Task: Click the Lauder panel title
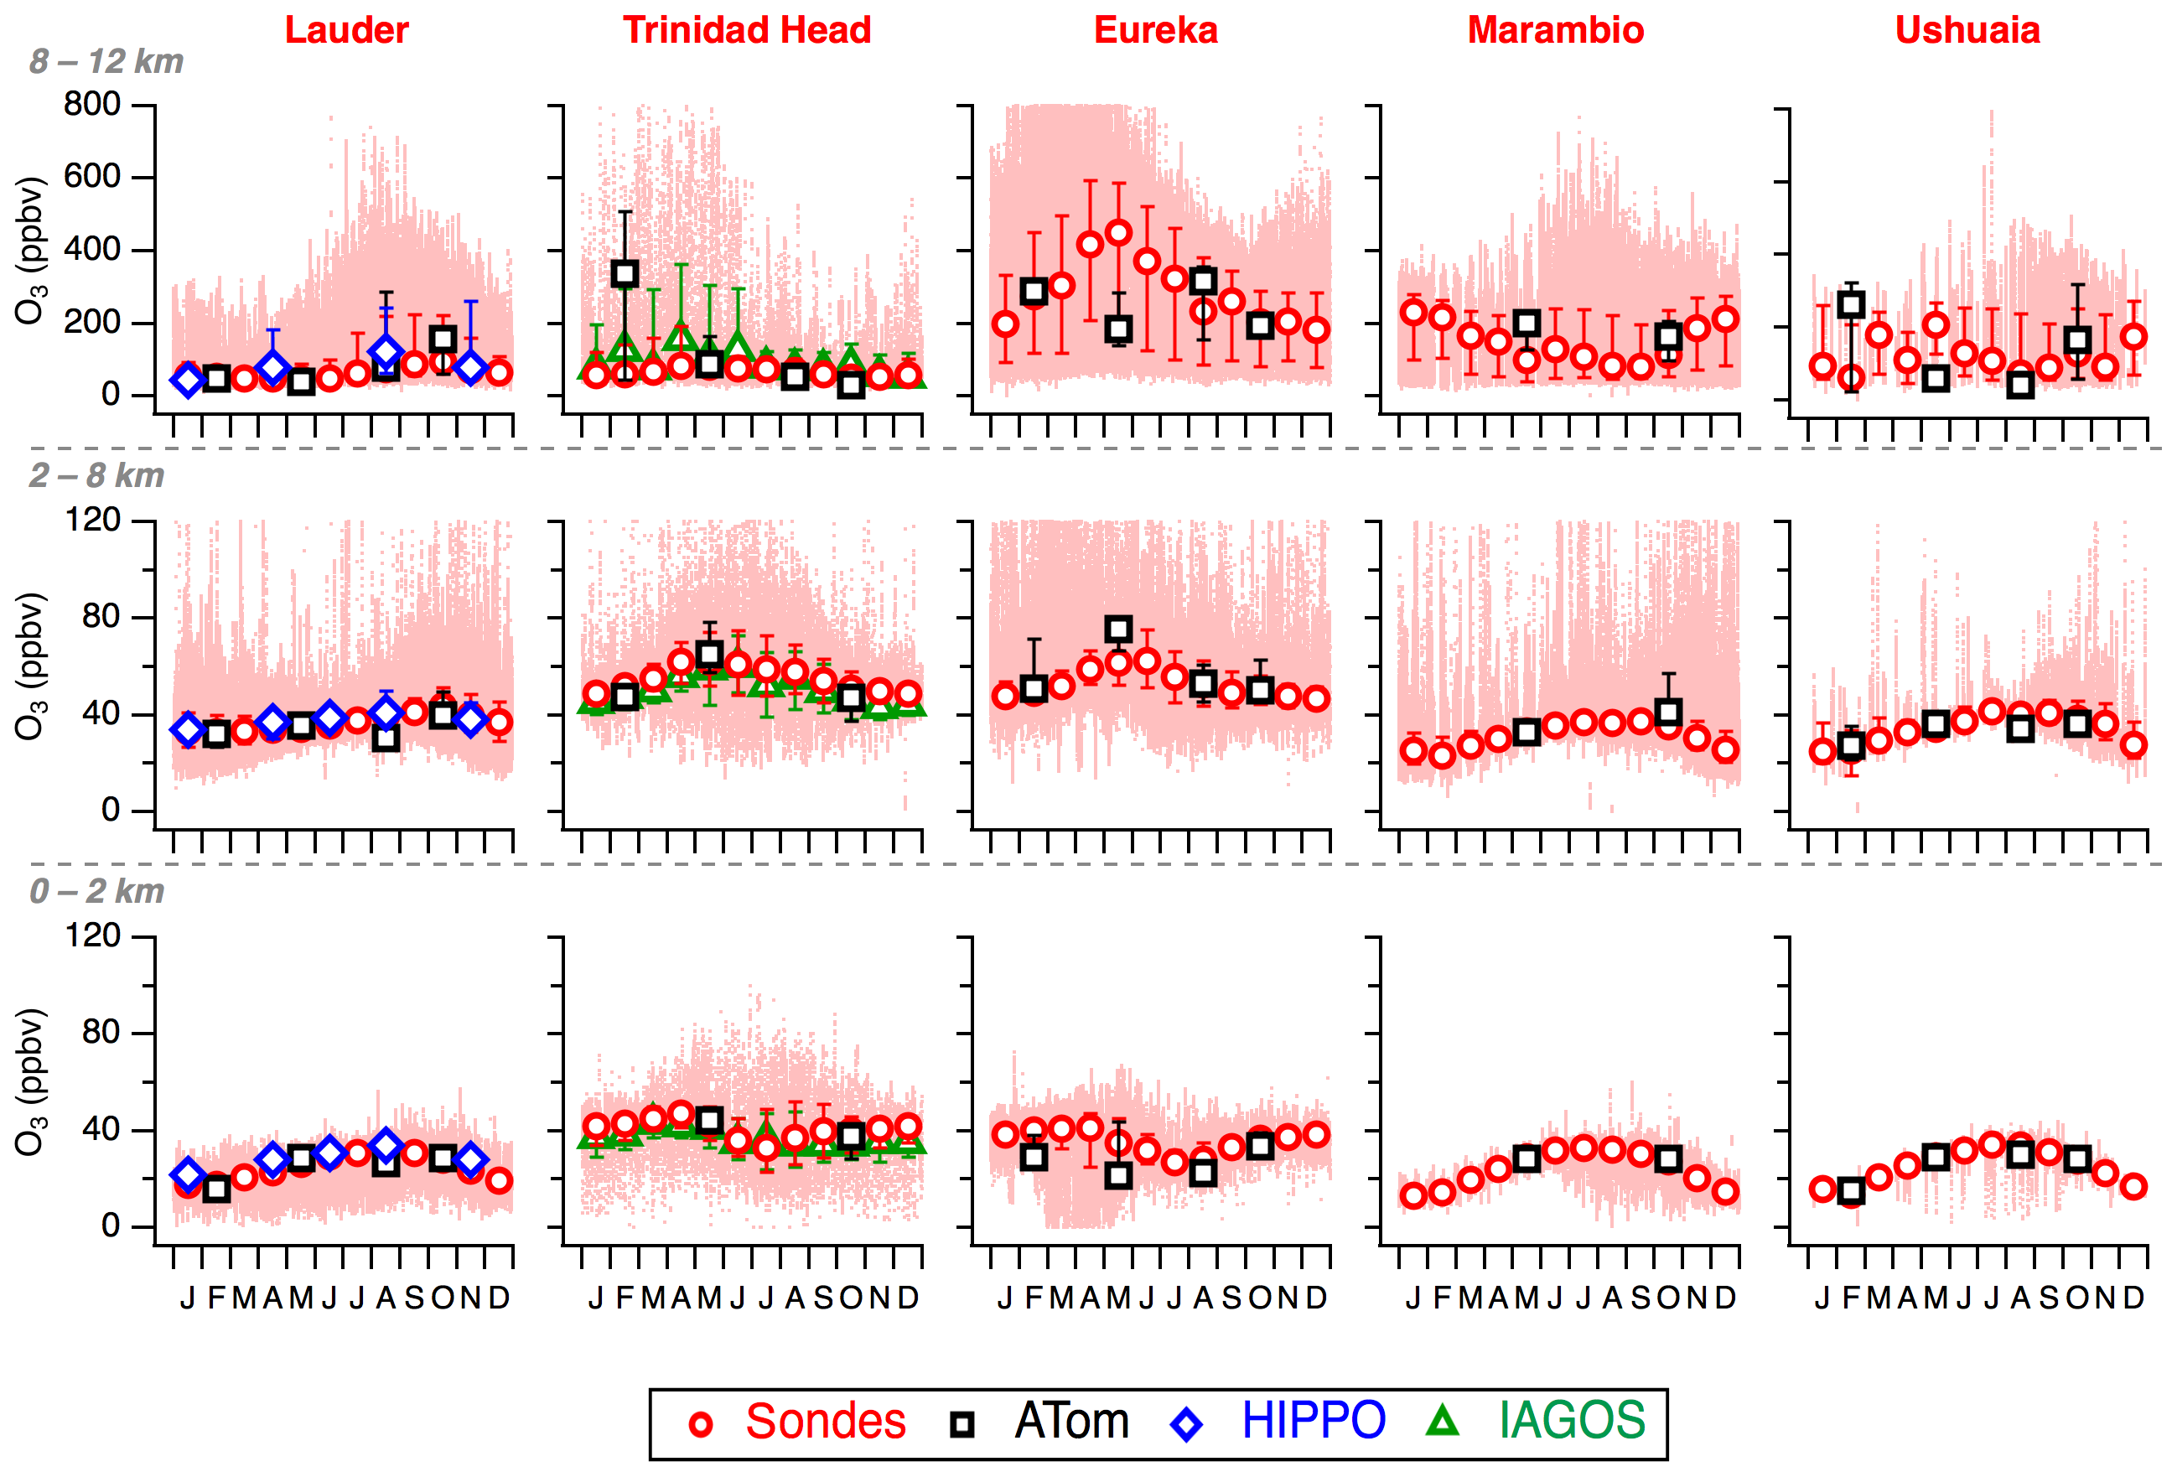click(346, 30)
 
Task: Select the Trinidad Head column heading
click(747, 30)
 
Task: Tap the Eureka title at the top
click(1155, 30)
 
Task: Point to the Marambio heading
click(1555, 30)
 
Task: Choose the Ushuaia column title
click(1967, 30)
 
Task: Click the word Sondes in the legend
click(825, 1421)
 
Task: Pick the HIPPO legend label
click(1314, 1421)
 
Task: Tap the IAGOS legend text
click(1572, 1421)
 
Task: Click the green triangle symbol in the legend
click(1443, 1422)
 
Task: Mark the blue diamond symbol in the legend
click(1187, 1424)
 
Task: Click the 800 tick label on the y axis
click(92, 104)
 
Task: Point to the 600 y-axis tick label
click(92, 176)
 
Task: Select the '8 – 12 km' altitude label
click(106, 62)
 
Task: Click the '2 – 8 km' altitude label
click(96, 476)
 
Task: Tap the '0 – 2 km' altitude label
click(96, 891)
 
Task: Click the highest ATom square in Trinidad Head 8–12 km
click(625, 274)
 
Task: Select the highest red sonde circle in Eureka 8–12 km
click(1118, 232)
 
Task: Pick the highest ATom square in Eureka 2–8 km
click(1118, 630)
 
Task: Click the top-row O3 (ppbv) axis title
click(29, 250)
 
